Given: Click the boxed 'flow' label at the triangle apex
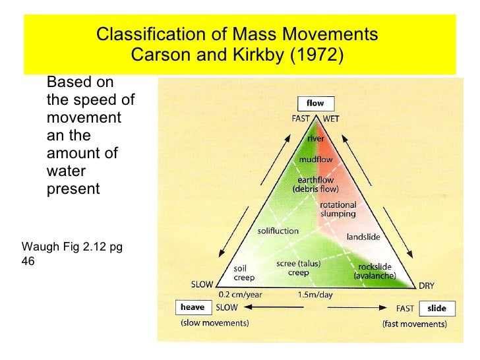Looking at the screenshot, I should (316, 104).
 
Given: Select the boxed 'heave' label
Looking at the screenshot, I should (192, 307).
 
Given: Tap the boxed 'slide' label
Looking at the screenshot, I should (436, 308).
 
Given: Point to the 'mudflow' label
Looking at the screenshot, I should (316, 160).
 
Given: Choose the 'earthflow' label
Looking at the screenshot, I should (316, 179).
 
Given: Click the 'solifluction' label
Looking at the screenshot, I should (278, 231).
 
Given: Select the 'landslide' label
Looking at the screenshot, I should (363, 237).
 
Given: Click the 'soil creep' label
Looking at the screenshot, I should (241, 273).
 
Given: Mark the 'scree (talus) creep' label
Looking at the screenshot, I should (298, 268).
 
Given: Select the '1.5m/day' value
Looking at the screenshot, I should (316, 295).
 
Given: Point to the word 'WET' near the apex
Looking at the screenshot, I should (331, 119).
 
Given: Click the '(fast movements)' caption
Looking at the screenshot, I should (414, 324).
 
